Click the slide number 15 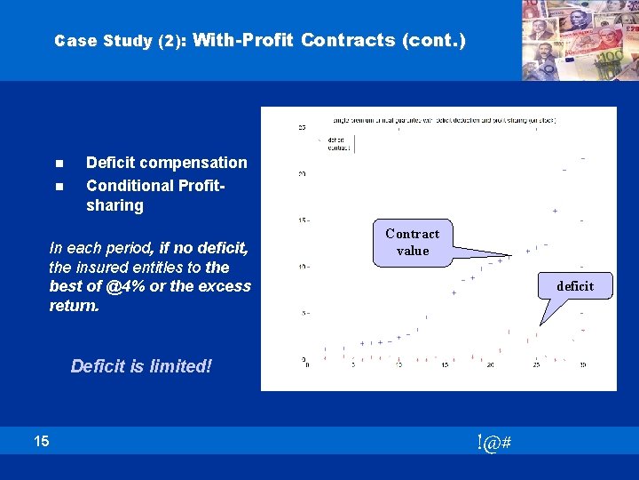point(42,440)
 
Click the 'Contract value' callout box point(412,242)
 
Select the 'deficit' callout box point(575,285)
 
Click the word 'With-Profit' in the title point(242,40)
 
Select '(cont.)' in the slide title point(434,40)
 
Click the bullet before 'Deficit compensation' point(59,164)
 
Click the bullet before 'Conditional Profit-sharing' point(59,187)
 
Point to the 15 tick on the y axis point(303,220)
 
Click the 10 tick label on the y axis point(303,266)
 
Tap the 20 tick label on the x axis point(491,364)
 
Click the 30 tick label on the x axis point(582,364)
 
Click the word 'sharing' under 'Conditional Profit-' point(114,206)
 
